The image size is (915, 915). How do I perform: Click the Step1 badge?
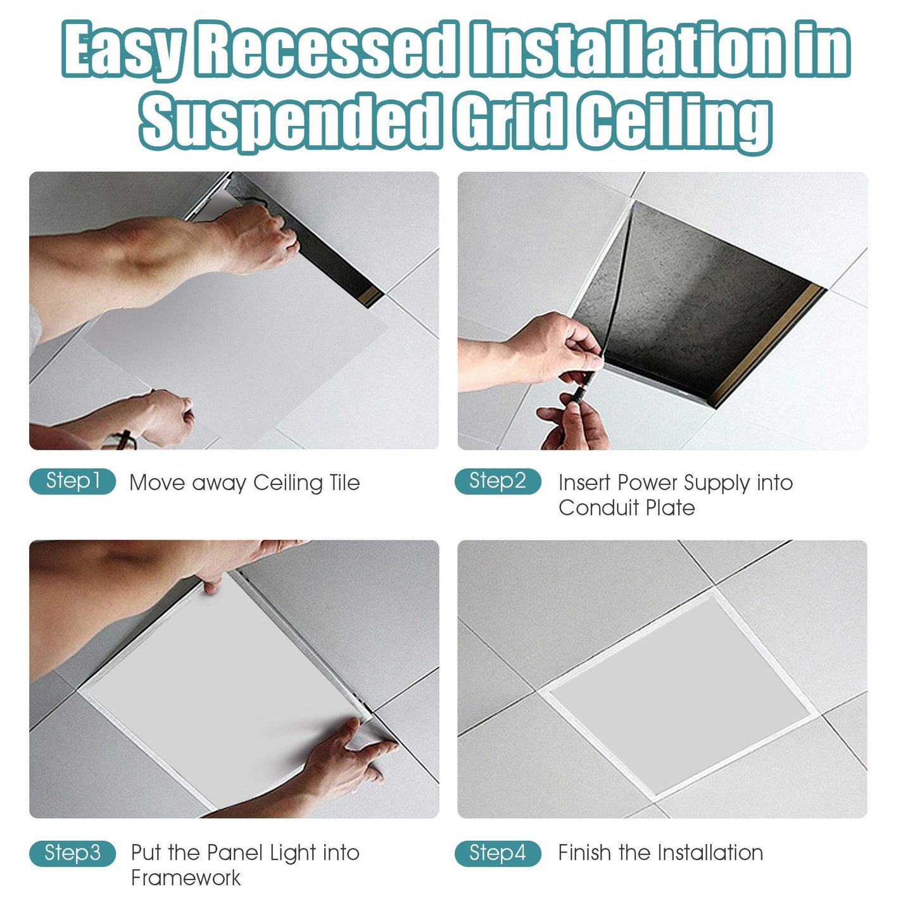click(72, 481)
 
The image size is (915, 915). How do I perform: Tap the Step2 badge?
click(498, 481)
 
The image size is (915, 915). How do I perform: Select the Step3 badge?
click(72, 853)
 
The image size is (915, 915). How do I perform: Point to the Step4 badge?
click(498, 853)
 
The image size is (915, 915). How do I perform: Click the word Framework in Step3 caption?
click(186, 878)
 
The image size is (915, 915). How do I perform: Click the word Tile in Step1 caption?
click(344, 483)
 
